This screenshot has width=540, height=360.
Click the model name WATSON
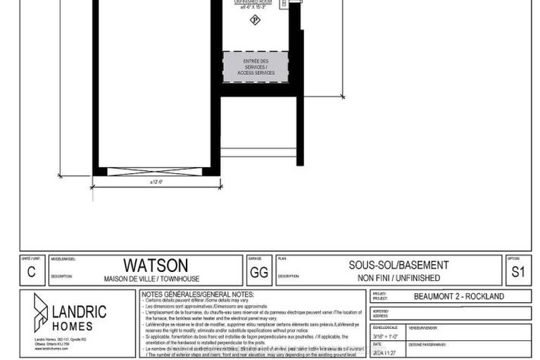[156, 265]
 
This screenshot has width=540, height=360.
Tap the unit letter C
[30, 271]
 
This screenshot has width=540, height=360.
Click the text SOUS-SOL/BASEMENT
[388, 265]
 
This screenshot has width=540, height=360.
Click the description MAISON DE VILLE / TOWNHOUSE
[156, 278]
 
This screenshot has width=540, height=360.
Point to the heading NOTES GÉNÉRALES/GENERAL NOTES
[198, 294]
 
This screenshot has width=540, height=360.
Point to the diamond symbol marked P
[255, 20]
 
